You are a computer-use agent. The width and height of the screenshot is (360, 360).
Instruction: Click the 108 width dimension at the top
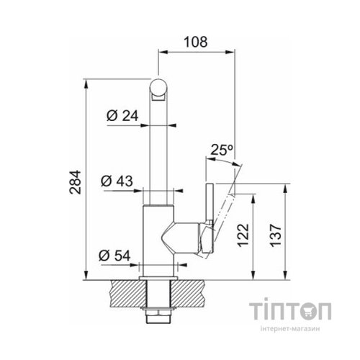point(195,42)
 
